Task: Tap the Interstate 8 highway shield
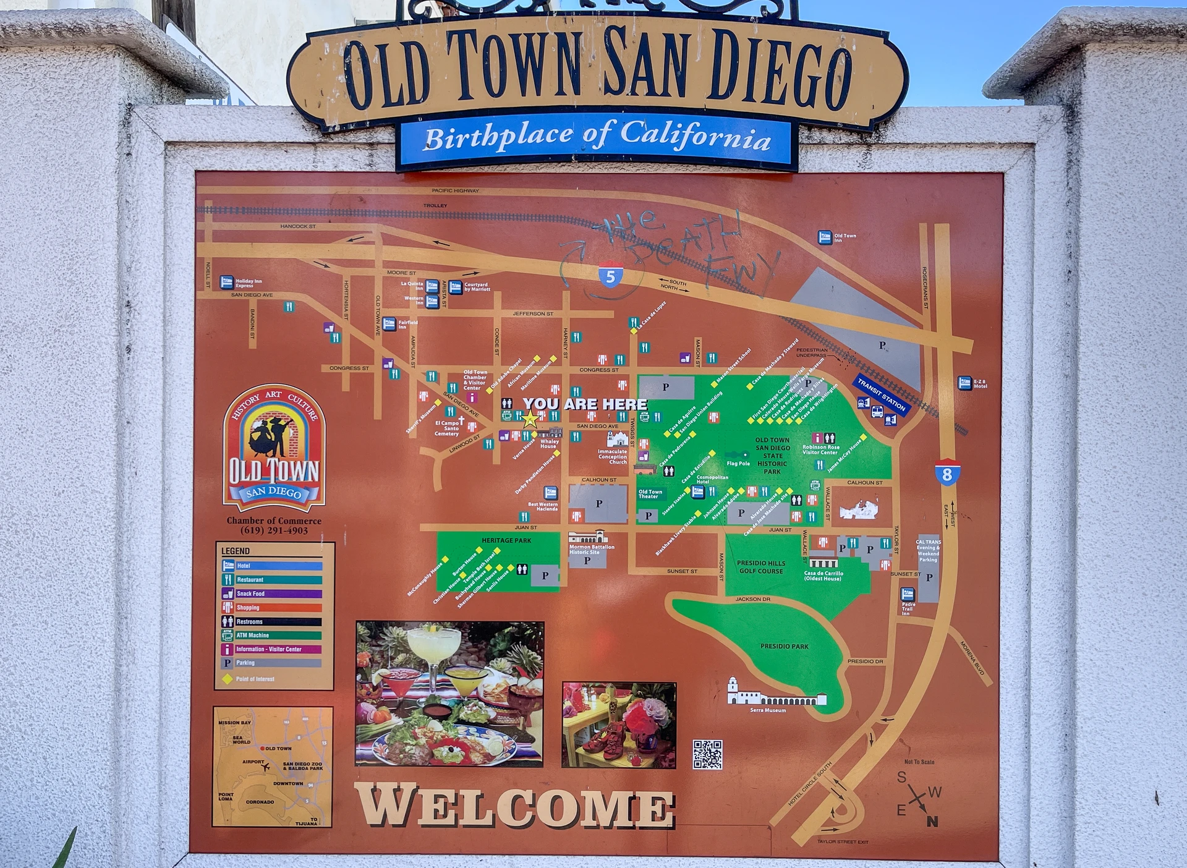tap(947, 474)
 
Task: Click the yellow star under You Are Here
tap(530, 420)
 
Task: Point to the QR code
tap(707, 754)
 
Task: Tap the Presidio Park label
tap(784, 646)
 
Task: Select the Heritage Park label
tap(506, 540)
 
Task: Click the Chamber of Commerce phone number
tap(274, 530)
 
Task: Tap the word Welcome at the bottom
tap(514, 806)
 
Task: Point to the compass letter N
tap(932, 821)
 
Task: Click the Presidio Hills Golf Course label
tap(761, 567)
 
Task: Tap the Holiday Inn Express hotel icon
tap(227, 283)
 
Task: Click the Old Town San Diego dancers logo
tap(274, 445)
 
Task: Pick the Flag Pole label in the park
tap(738, 463)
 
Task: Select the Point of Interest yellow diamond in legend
tap(228, 679)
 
